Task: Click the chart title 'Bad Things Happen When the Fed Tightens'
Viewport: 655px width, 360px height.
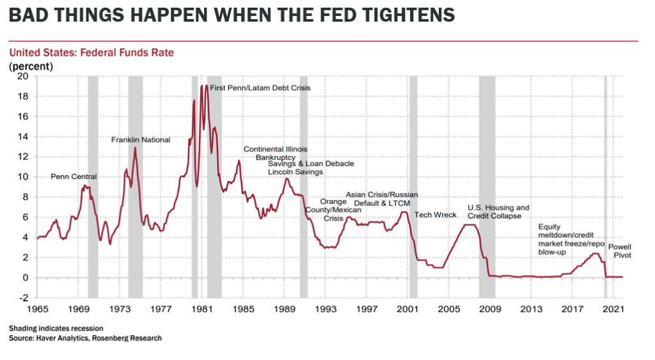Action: point(232,15)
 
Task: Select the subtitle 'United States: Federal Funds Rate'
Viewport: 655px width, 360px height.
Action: point(91,52)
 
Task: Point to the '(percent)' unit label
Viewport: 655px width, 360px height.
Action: point(31,66)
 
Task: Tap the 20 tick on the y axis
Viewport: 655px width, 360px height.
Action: point(23,76)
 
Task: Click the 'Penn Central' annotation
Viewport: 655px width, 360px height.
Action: point(74,176)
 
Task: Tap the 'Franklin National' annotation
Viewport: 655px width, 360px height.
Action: point(141,139)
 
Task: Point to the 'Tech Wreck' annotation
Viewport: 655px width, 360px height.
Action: point(436,215)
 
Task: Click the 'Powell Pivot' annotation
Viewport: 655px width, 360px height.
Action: point(619,251)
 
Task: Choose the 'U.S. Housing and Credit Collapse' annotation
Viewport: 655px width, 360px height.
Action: point(498,212)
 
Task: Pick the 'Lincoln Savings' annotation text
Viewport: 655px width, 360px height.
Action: point(295,172)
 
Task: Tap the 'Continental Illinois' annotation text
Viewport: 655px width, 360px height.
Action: point(275,150)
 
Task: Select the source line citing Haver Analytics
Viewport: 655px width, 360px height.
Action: point(85,338)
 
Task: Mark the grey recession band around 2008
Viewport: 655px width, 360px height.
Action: point(487,185)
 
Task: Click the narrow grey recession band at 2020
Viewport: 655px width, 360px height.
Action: point(605,185)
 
